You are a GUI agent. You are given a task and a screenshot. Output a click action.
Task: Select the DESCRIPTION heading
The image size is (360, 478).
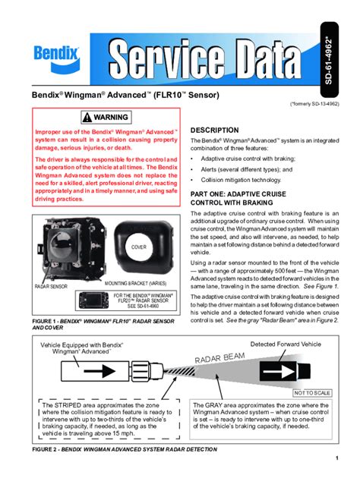pos(214,131)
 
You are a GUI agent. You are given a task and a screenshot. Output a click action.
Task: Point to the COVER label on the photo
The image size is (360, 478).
pos(138,247)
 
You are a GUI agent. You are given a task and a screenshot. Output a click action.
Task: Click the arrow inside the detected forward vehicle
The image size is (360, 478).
pos(282,373)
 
